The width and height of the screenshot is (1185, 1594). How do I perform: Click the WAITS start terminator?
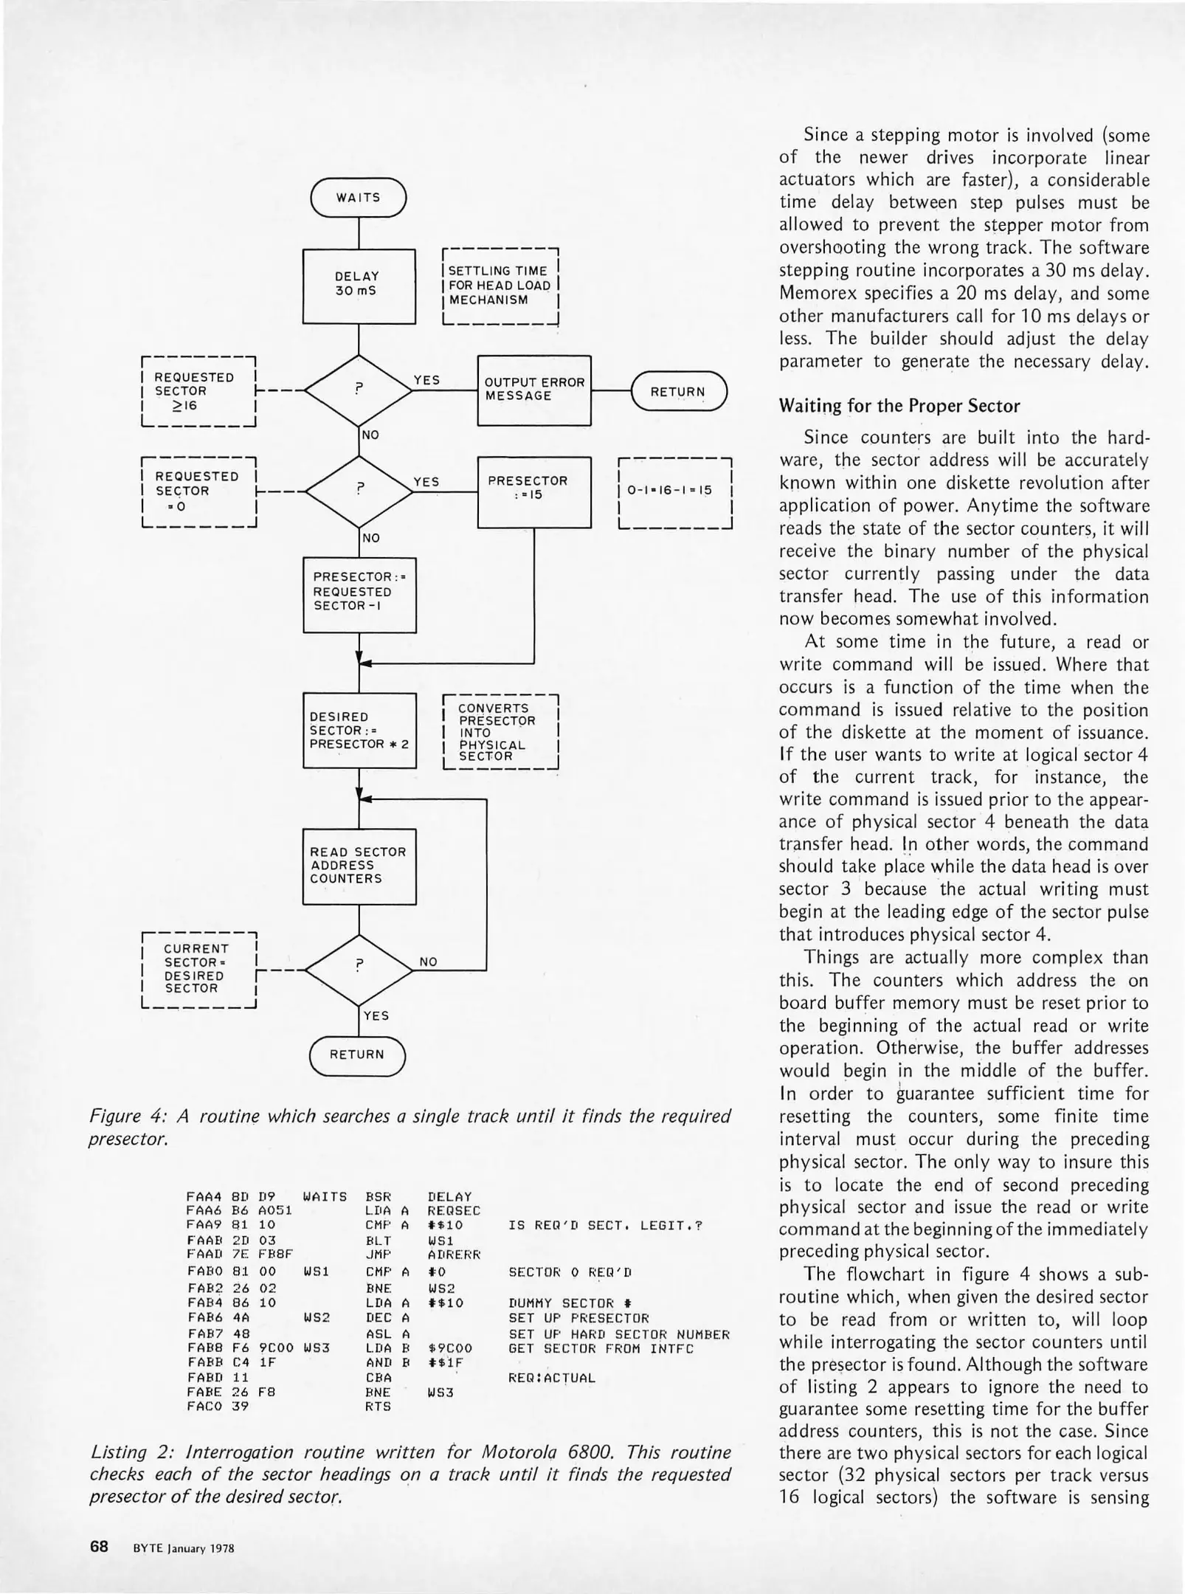click(x=359, y=198)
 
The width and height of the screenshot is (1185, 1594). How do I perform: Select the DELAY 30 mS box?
click(x=359, y=286)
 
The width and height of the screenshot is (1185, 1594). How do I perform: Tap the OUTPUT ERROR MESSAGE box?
click(x=534, y=390)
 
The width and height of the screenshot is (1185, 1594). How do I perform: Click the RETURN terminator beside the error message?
click(x=678, y=392)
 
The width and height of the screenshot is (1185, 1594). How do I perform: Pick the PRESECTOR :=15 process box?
click(x=534, y=491)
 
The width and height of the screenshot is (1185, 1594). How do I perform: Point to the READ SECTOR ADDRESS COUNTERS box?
click(x=359, y=866)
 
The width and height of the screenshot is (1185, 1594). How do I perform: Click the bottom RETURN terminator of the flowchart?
click(x=357, y=1055)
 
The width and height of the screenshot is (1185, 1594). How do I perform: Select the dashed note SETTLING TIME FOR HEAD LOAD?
click(x=500, y=286)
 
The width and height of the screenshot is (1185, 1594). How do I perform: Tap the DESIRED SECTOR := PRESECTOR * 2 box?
click(x=359, y=731)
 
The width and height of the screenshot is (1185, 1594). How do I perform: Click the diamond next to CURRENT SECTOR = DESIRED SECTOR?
click(x=359, y=968)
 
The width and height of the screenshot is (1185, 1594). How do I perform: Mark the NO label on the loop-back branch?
click(x=428, y=962)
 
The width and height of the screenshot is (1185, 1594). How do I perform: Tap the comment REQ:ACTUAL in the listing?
click(x=551, y=1378)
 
